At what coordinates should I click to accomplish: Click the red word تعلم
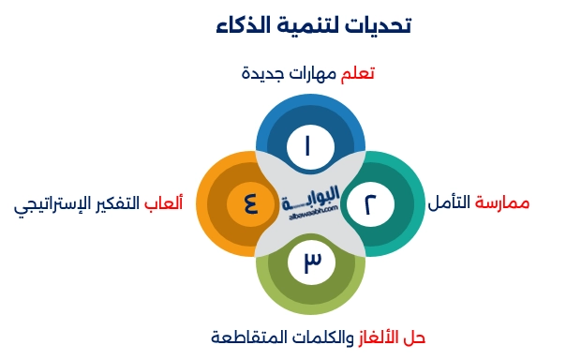358,74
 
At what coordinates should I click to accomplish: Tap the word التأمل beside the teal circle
451,203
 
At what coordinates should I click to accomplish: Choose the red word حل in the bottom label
415,337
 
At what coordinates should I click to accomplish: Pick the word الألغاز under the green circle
379,337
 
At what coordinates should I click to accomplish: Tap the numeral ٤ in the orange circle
250,202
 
